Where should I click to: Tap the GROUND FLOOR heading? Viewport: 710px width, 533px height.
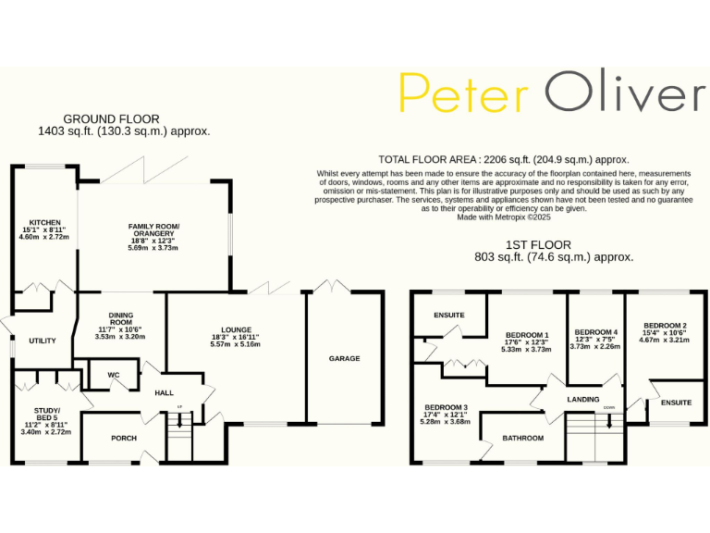[x=111, y=119]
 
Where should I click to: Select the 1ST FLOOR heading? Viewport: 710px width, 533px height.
[x=541, y=245]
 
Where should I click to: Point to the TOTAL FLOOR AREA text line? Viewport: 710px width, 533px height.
[x=504, y=160]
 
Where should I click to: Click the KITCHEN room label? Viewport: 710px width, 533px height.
[x=44, y=223]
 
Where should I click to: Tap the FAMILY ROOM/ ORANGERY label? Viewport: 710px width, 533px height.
[x=153, y=231]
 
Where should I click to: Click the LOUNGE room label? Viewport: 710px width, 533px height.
[x=236, y=328]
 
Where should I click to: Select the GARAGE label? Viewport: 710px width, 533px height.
[x=344, y=358]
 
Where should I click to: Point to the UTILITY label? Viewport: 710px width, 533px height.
[x=43, y=341]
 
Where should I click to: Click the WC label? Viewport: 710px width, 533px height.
[x=114, y=375]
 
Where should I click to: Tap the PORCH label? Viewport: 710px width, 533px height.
[x=124, y=438]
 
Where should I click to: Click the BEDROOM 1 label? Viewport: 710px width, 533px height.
[x=527, y=335]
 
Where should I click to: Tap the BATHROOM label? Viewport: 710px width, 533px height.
[x=523, y=438]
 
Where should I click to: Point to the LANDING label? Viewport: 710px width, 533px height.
[x=583, y=399]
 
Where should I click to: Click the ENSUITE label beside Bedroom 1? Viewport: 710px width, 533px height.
[x=449, y=316]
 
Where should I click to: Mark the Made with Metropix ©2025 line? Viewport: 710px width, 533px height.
[x=503, y=217]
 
